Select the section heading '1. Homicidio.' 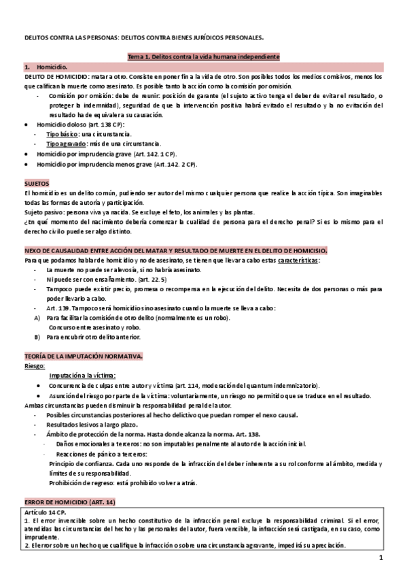[46, 68]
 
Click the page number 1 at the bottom [382, 559]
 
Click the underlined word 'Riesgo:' [35, 365]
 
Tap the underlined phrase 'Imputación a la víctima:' [82, 375]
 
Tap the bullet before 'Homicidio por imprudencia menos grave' [26, 164]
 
